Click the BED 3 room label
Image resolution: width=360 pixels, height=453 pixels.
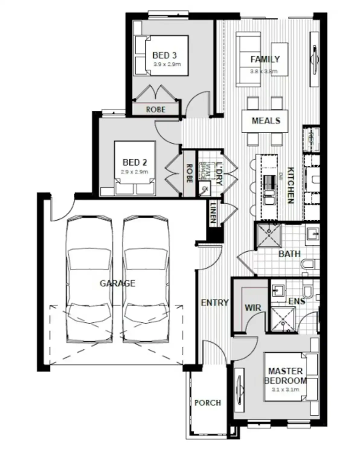click(164, 56)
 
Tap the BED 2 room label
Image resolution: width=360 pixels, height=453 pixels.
click(135, 162)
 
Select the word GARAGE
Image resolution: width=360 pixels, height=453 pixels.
click(117, 283)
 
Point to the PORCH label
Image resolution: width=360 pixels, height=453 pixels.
click(207, 403)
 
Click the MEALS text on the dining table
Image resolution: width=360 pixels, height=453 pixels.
click(266, 121)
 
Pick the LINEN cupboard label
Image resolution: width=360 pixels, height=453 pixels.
click(213, 213)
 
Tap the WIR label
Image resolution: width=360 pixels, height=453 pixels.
click(252, 308)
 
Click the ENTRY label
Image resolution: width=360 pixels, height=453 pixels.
click(215, 302)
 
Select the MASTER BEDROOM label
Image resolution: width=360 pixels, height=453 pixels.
click(285, 376)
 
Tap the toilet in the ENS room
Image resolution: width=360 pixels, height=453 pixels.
click(308, 289)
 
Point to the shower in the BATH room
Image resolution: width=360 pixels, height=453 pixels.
click(268, 236)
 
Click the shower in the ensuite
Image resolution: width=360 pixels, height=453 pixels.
click(283, 320)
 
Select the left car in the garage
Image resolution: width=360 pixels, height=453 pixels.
click(89, 279)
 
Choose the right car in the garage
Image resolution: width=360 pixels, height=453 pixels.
click(146, 279)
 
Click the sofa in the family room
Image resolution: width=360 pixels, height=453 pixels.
click(247, 59)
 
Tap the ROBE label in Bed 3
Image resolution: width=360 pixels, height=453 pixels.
click(156, 109)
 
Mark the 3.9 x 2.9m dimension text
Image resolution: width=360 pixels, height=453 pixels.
click(167, 64)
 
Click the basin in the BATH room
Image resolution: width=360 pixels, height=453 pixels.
click(312, 233)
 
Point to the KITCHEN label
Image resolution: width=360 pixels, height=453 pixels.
click(290, 185)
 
